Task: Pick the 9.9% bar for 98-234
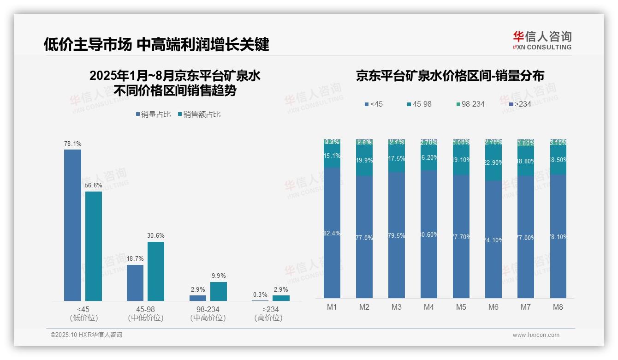coord(219,291)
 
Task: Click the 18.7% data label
coord(135,259)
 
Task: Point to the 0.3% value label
coord(260,295)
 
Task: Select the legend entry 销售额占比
coord(199,114)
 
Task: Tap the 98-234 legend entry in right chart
coord(470,104)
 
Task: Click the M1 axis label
coord(332,307)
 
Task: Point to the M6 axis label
coord(493,307)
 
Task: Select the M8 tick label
coord(558,307)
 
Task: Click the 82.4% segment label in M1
coord(332,234)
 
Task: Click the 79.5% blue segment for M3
coord(397,235)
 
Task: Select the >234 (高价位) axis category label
coord(268,313)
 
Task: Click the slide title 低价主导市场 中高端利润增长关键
coord(156,45)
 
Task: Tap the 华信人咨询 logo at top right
coord(542,40)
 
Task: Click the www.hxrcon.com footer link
coord(536,335)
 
